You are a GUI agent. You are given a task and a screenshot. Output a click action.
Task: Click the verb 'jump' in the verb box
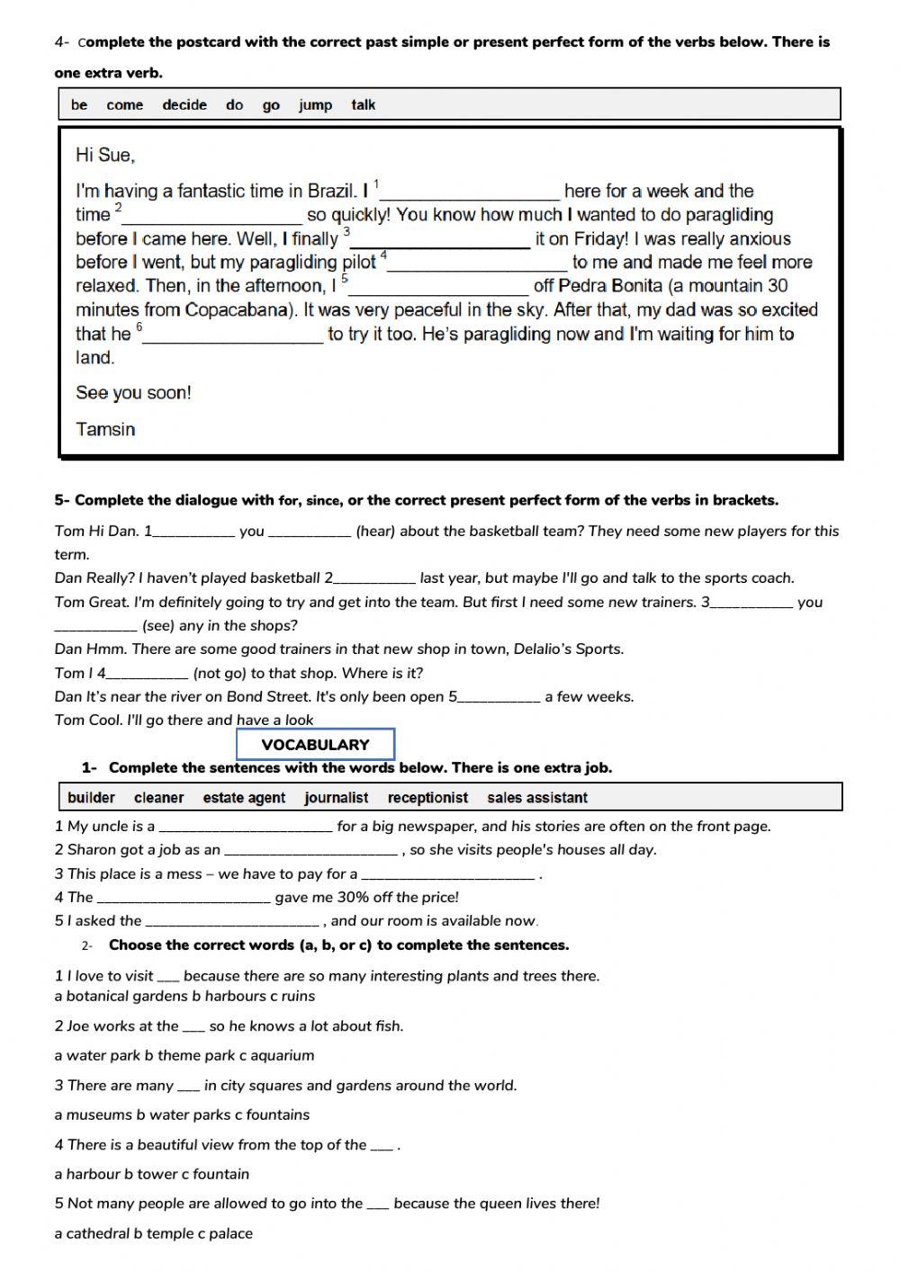[x=315, y=105]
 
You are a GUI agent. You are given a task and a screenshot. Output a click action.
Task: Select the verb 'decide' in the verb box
[x=184, y=105]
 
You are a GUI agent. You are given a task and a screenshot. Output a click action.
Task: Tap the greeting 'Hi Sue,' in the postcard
[x=105, y=156]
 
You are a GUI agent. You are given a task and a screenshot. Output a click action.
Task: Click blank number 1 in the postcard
[x=471, y=192]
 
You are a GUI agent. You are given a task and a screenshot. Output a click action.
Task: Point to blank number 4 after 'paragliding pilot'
[x=478, y=264]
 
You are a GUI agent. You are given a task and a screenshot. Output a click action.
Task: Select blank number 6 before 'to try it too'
[x=233, y=336]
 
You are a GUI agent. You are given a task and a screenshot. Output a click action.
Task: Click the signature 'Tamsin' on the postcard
[x=105, y=429]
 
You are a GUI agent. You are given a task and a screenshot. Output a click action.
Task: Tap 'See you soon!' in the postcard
[x=133, y=393]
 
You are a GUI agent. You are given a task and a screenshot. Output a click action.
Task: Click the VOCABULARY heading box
[x=315, y=745]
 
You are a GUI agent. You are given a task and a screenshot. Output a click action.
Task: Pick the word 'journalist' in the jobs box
[x=336, y=798]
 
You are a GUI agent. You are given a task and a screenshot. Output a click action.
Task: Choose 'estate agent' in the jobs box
[x=244, y=798]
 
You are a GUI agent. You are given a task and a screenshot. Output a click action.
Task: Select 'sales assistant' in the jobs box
[x=537, y=798]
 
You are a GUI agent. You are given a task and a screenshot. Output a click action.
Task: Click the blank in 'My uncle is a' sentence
[x=246, y=827]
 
